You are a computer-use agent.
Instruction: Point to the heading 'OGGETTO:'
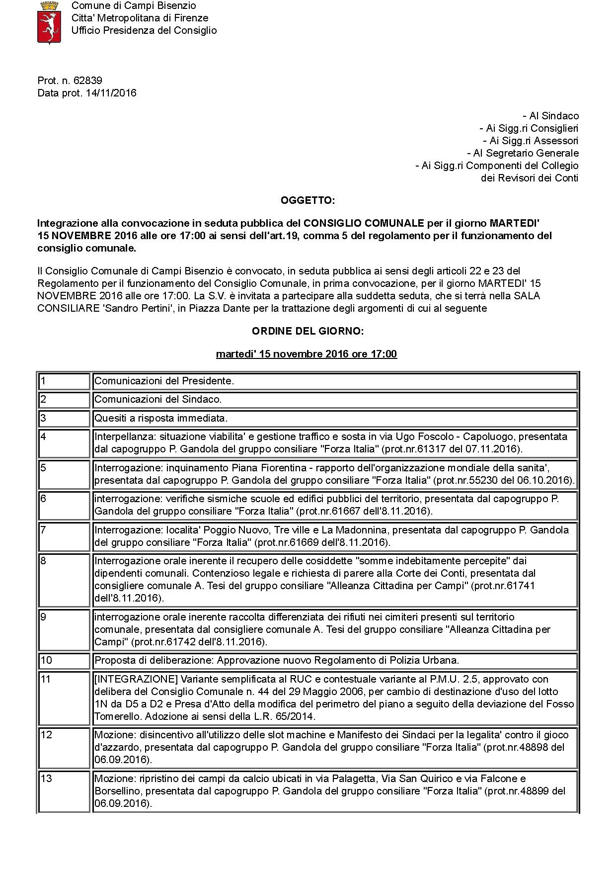click(x=308, y=200)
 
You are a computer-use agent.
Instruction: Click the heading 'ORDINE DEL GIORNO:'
click(x=308, y=331)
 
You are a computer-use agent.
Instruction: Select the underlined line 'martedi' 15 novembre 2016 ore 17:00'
click(x=307, y=354)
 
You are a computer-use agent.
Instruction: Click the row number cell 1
click(x=65, y=381)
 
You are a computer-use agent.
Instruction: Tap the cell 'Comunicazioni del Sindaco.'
click(x=158, y=399)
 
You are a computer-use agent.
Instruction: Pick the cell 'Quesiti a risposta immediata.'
click(x=161, y=418)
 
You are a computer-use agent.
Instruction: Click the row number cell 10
click(x=65, y=661)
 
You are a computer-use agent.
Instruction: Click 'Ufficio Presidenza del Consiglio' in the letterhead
click(x=144, y=30)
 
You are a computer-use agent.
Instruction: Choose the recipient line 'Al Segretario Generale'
click(x=523, y=153)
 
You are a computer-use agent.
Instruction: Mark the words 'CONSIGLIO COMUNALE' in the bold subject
click(x=364, y=223)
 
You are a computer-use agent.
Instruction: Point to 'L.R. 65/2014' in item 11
click(x=288, y=716)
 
